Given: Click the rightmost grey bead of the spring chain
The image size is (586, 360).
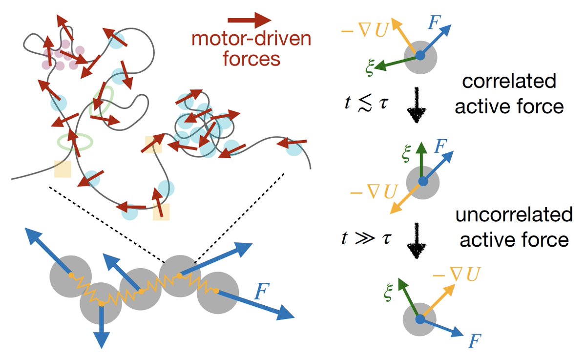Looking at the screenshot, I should pos(217,293).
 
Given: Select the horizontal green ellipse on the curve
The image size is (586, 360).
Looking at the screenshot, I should pos(75,141).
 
